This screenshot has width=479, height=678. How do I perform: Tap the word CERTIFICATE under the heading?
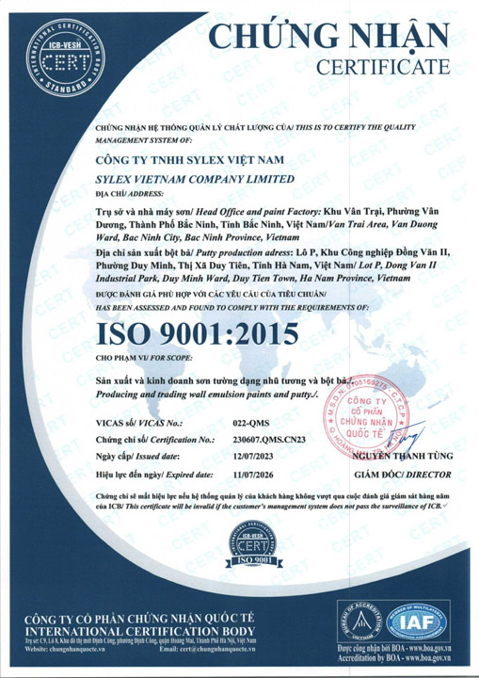387,68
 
